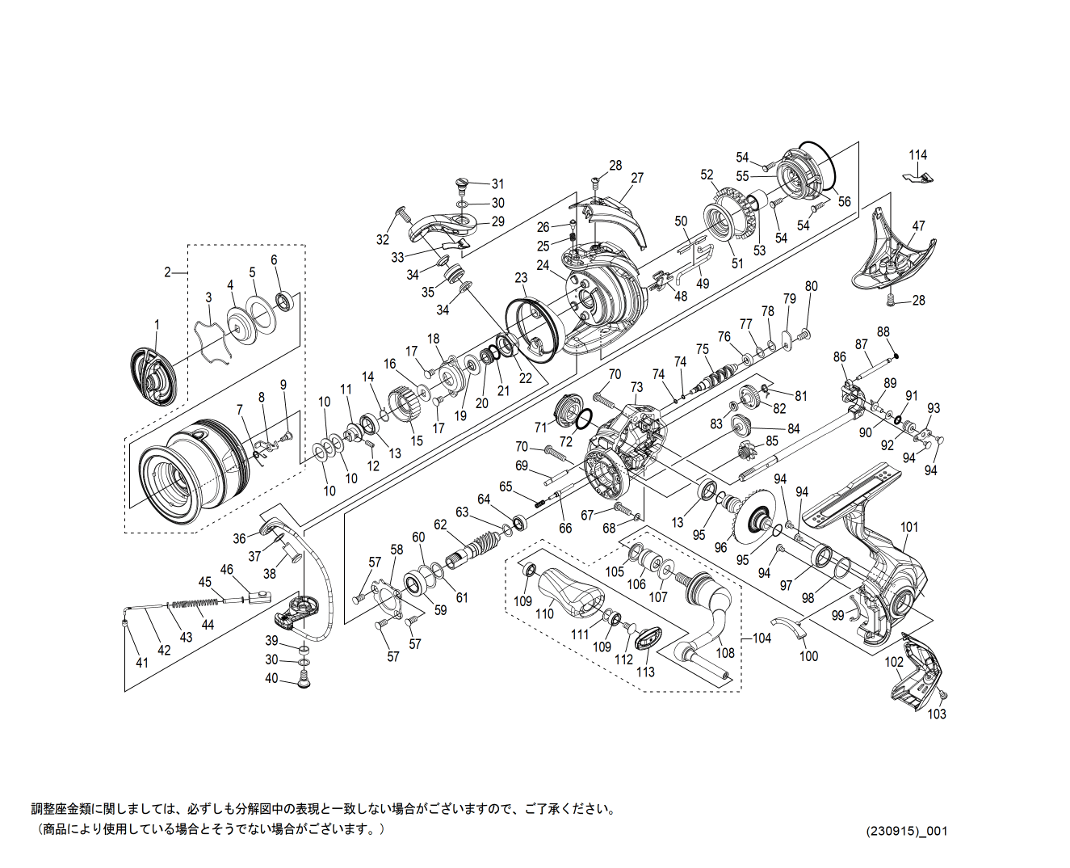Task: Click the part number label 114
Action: coord(917,154)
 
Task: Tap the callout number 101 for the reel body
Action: coord(909,527)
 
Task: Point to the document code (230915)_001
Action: coord(906,831)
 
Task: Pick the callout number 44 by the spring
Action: coord(208,624)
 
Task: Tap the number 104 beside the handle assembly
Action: coord(762,638)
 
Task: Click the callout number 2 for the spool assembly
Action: coord(168,272)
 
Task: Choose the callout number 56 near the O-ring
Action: coord(844,202)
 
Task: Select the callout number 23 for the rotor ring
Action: coord(521,279)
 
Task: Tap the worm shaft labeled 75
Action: coord(719,374)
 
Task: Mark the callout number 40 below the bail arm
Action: coord(271,679)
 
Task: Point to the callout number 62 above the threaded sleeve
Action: coord(440,525)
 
